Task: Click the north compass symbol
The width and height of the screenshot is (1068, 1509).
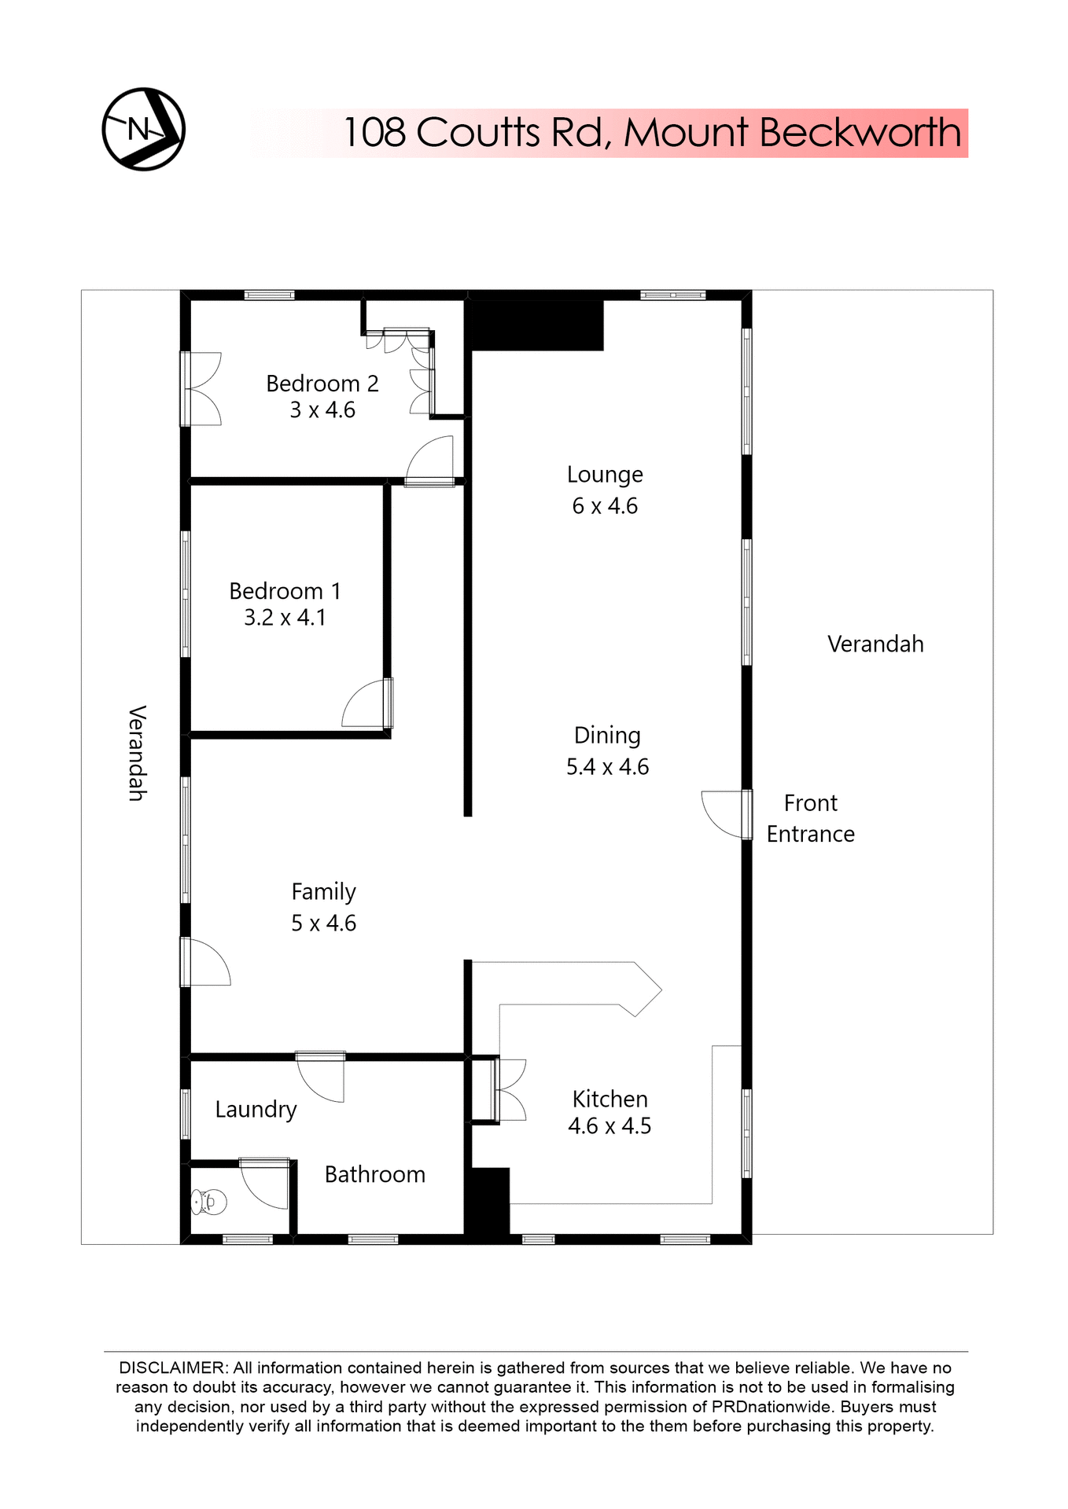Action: tap(143, 130)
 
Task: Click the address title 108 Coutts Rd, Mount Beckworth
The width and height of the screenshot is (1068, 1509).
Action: tap(652, 133)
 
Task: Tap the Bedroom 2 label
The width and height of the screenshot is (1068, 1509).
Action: tap(322, 384)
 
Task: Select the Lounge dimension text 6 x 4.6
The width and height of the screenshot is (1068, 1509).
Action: tap(605, 506)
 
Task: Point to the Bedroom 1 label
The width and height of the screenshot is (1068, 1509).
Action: tap(285, 591)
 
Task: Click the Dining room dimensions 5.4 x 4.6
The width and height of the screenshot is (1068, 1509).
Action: tap(607, 767)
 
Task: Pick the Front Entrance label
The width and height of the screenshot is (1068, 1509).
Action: tap(811, 818)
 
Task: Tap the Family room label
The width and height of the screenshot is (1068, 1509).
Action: tap(323, 892)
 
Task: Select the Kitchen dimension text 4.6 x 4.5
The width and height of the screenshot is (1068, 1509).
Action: tap(609, 1126)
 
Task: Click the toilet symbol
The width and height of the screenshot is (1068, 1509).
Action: tap(208, 1202)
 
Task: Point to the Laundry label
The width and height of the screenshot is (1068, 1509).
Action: tap(256, 1110)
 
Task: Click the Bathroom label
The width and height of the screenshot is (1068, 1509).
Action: tap(375, 1175)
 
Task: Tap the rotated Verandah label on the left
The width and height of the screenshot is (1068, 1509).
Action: tap(137, 753)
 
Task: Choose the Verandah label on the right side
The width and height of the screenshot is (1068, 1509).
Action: tap(875, 644)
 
